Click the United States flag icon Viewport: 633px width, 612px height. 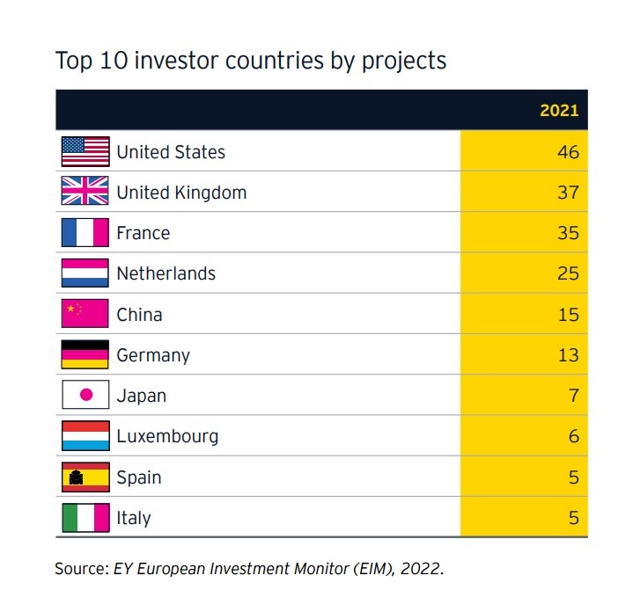(x=85, y=152)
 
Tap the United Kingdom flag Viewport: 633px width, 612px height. (x=85, y=193)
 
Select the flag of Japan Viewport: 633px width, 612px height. (x=85, y=396)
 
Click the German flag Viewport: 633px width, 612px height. (x=85, y=355)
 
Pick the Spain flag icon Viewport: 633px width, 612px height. (x=85, y=477)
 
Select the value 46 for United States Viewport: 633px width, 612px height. (x=568, y=152)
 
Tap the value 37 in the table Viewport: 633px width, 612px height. (x=568, y=193)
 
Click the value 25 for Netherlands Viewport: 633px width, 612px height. (x=568, y=273)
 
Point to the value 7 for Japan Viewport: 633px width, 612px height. (x=573, y=396)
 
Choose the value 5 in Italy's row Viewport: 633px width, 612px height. (x=573, y=518)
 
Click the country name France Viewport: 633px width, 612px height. (x=144, y=233)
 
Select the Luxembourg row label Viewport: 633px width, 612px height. (x=167, y=436)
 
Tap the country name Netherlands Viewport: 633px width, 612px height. (x=166, y=273)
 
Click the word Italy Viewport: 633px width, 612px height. (x=134, y=518)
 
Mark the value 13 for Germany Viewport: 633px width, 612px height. (x=568, y=355)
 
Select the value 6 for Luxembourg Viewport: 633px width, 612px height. (x=573, y=436)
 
